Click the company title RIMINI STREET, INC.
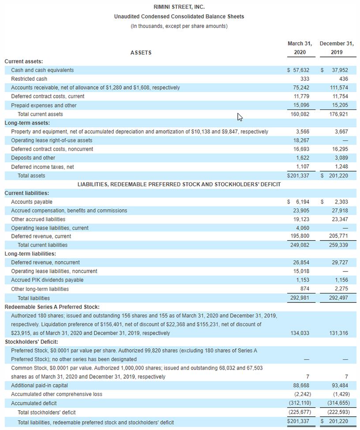pyautogui.click(x=179, y=7)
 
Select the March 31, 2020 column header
pyautogui.click(x=300, y=48)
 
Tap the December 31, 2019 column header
pyautogui.click(x=337, y=48)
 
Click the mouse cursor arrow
pyautogui.click(x=240, y=117)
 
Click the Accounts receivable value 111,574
pyautogui.click(x=339, y=88)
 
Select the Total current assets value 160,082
pyautogui.click(x=300, y=114)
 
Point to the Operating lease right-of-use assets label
pyautogui.click(x=52, y=140)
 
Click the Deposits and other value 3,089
pyautogui.click(x=340, y=158)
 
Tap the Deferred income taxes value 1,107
pyautogui.click(x=302, y=167)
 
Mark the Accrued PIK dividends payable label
pyautogui.click(x=47, y=280)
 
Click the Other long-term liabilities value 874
pyautogui.click(x=304, y=289)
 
